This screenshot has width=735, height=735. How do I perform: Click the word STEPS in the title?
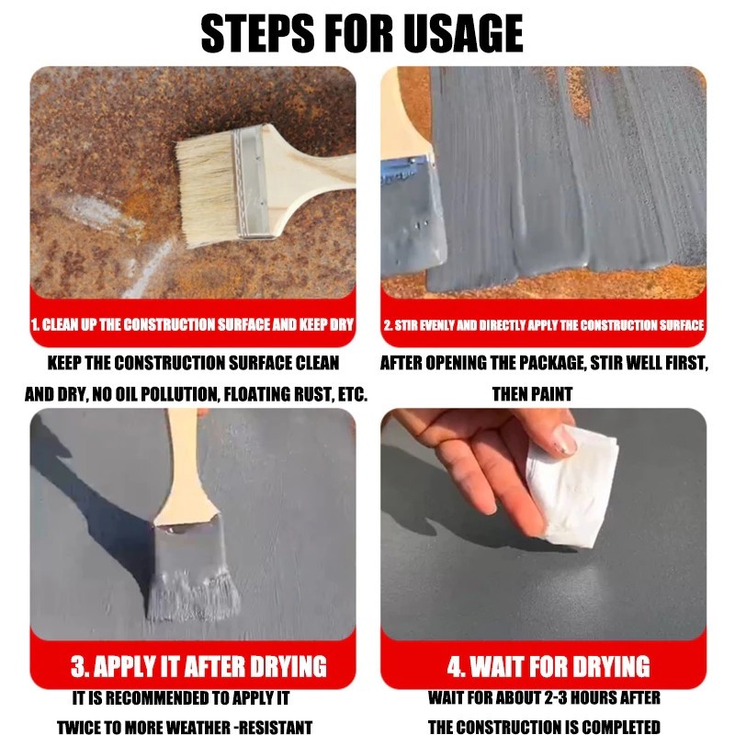258,33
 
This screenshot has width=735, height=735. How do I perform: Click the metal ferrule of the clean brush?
251,182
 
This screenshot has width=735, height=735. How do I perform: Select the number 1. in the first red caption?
35,325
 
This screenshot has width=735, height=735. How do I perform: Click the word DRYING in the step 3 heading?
288,666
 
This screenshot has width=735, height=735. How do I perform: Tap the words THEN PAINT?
533,394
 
